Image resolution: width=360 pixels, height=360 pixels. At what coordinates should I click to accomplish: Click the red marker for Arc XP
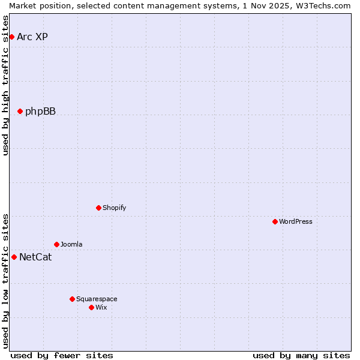click(x=11, y=37)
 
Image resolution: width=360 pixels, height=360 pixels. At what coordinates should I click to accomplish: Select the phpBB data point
click(x=20, y=111)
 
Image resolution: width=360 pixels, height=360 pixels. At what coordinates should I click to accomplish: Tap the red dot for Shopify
click(x=98, y=208)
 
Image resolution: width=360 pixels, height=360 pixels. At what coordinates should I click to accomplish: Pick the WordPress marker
click(x=275, y=221)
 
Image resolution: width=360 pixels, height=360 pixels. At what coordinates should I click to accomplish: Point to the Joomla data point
click(x=56, y=244)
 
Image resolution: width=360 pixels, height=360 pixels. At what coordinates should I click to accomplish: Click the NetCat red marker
click(x=14, y=257)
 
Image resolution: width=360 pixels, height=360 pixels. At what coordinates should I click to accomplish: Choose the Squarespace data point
click(x=72, y=299)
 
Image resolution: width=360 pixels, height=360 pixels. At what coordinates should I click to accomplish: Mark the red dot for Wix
click(x=91, y=307)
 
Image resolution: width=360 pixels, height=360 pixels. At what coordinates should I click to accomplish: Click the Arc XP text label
click(x=32, y=37)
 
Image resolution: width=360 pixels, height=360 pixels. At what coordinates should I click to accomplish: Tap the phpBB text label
click(x=40, y=112)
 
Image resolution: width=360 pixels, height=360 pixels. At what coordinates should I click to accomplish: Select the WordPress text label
click(x=296, y=221)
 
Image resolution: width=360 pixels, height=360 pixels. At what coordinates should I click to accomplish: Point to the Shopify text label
click(x=114, y=208)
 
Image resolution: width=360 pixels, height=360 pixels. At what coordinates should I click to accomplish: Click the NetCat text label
click(x=35, y=257)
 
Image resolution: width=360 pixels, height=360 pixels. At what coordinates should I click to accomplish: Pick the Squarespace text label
click(x=97, y=299)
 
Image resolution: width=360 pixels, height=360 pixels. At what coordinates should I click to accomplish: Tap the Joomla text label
click(x=71, y=244)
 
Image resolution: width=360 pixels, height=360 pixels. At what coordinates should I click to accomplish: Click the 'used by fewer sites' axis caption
click(x=62, y=355)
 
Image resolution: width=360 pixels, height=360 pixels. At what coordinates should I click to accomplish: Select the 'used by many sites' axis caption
click(x=301, y=355)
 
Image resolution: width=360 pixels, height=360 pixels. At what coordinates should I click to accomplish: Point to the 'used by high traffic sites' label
click(x=5, y=85)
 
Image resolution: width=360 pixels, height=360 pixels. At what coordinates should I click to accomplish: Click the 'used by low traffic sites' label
click(x=5, y=281)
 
